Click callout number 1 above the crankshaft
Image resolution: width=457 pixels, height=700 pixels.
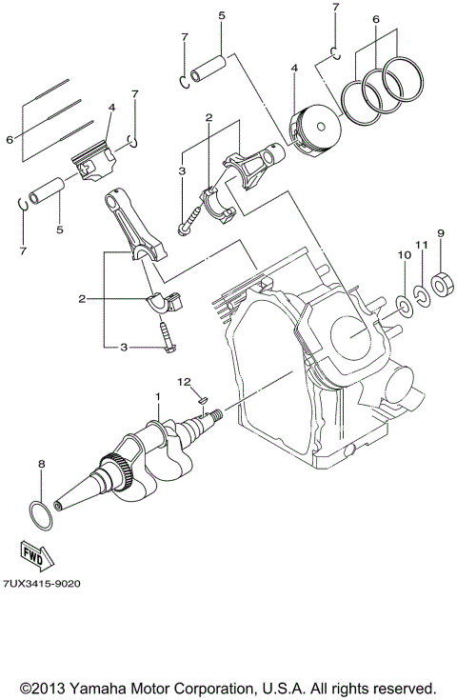[x=158, y=394]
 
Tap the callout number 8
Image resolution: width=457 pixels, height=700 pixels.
[x=41, y=464]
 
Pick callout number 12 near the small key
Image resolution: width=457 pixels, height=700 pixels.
[x=183, y=381]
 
